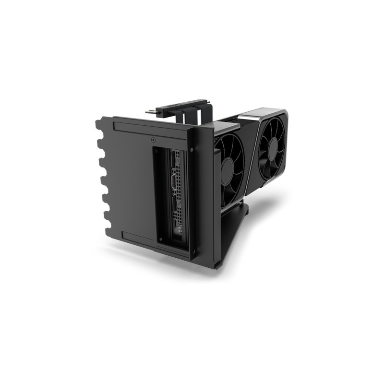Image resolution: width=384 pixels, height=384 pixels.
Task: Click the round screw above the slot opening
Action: tap(153, 141)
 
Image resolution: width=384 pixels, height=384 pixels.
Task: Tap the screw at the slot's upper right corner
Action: tap(192, 149)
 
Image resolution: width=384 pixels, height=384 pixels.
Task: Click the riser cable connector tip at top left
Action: tap(149, 112)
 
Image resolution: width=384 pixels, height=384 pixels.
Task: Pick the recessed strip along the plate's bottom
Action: tap(137, 237)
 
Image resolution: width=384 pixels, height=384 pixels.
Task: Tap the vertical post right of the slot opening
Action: tap(204, 192)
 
